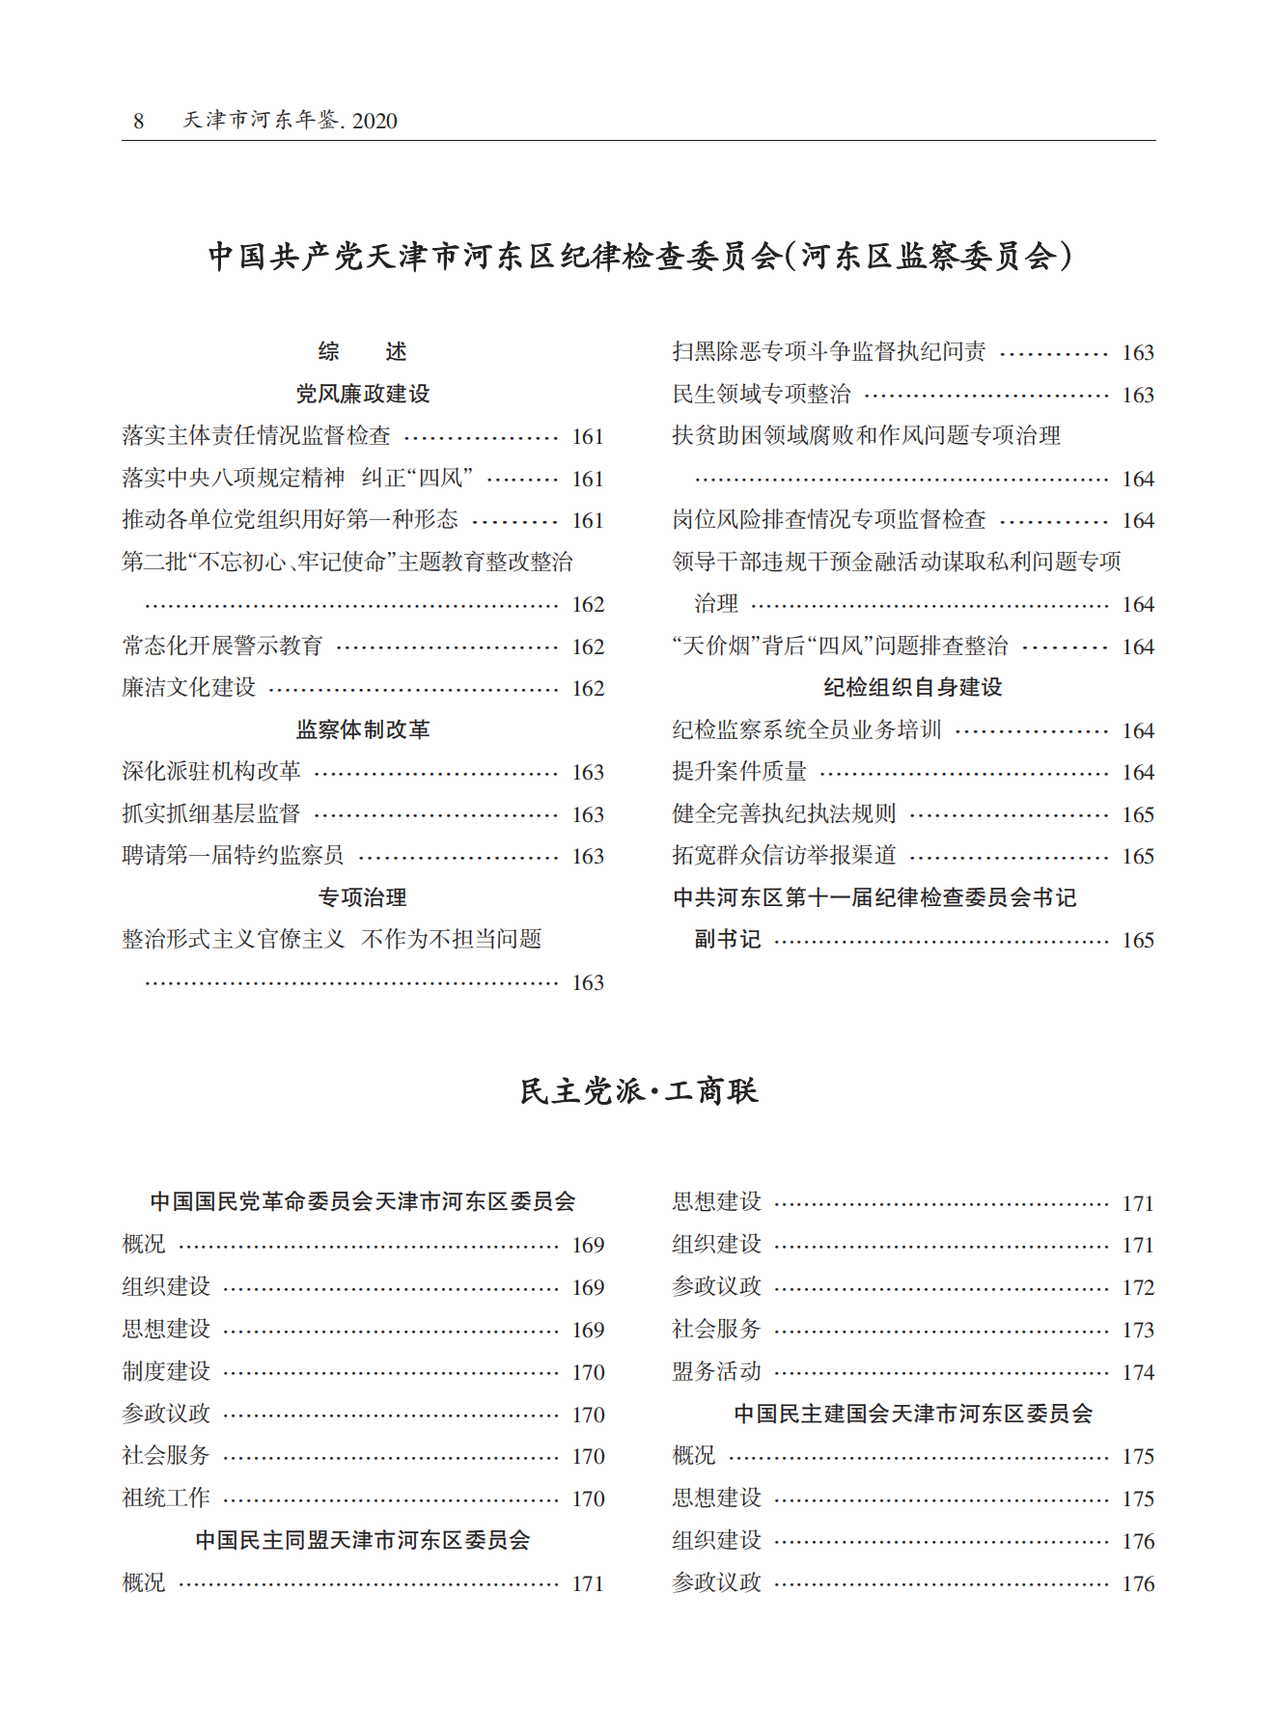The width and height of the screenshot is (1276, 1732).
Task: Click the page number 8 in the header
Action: pyautogui.click(x=139, y=121)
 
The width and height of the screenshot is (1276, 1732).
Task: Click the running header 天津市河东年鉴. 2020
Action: pyautogui.click(x=290, y=121)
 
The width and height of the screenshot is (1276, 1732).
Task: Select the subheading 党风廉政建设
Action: pyautogui.click(x=363, y=394)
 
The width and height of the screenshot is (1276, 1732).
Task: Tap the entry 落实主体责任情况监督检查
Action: pyautogui.click(x=257, y=436)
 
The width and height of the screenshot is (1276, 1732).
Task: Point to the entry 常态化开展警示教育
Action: pyautogui.click(x=222, y=646)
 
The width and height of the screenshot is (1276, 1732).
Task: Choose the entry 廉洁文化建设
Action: pyautogui.click(x=189, y=688)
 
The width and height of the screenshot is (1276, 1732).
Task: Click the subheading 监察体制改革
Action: pyautogui.click(x=363, y=729)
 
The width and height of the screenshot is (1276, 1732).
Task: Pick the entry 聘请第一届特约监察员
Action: pyautogui.click(x=233, y=856)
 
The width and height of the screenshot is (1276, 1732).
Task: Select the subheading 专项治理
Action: pyautogui.click(x=363, y=897)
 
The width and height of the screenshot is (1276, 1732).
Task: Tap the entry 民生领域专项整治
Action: pyautogui.click(x=762, y=394)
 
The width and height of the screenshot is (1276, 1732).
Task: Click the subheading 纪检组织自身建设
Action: pyautogui.click(x=913, y=687)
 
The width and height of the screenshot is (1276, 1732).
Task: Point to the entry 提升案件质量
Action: pyautogui.click(x=739, y=772)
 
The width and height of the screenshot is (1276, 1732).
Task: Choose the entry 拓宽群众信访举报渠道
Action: pyautogui.click(x=784, y=856)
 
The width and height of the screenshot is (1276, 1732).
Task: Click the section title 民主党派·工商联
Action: pyautogui.click(x=639, y=1091)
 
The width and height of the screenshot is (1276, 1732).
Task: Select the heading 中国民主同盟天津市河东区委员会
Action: pyautogui.click(x=363, y=1540)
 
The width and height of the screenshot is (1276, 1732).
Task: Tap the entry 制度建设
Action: pyautogui.click(x=166, y=1371)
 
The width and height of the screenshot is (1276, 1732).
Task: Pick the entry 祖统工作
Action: pyautogui.click(x=166, y=1498)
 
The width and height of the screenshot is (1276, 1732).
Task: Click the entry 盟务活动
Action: pyautogui.click(x=716, y=1371)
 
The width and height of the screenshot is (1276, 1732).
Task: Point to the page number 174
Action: pyautogui.click(x=1138, y=1372)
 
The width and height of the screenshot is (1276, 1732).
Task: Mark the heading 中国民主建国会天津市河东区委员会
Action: pyautogui.click(x=913, y=1414)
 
